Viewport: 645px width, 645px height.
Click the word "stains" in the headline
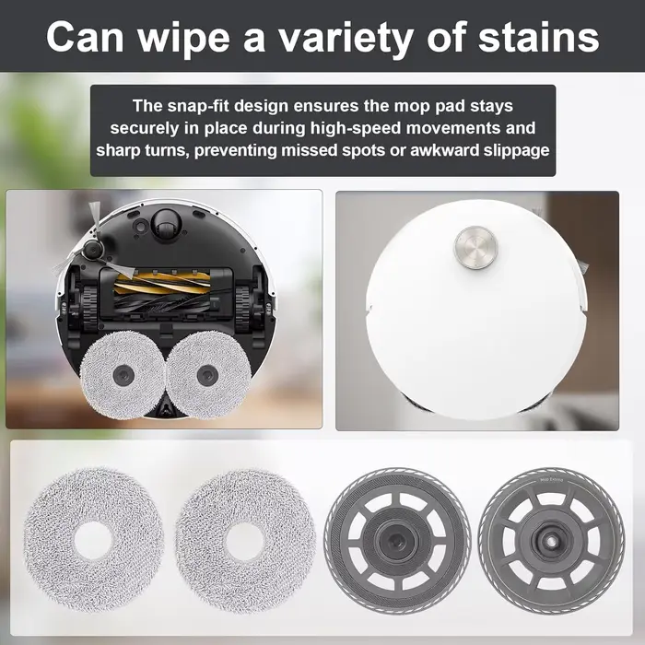point(538,38)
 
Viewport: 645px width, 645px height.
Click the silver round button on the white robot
point(475,247)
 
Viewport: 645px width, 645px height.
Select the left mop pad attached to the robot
point(123,374)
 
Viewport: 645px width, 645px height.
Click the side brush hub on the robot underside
point(91,251)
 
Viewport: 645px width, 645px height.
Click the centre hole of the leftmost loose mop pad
point(94,541)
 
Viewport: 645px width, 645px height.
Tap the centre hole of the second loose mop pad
point(245,541)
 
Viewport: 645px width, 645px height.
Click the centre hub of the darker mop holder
point(397,541)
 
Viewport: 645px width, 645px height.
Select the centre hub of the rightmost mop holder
point(551,541)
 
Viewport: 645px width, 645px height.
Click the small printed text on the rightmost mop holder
point(551,480)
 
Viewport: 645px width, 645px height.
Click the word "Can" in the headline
point(85,38)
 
